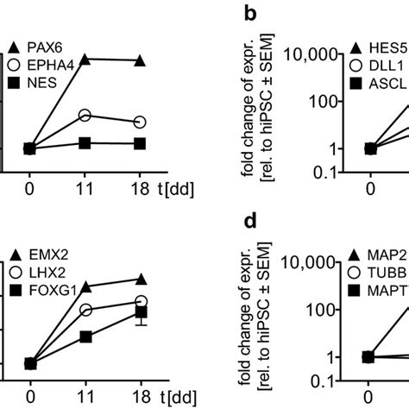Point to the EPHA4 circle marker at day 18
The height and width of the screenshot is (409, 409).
[x=141, y=122]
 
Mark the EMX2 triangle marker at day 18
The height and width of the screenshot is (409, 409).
[x=141, y=279]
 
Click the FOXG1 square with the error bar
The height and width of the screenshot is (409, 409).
[x=141, y=312]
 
